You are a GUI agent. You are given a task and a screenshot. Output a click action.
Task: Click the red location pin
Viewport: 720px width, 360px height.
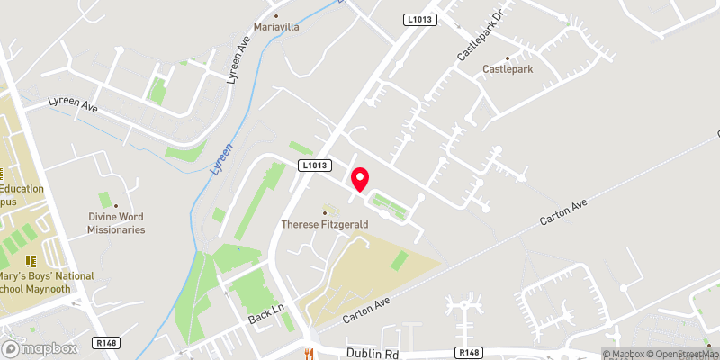click(359, 179)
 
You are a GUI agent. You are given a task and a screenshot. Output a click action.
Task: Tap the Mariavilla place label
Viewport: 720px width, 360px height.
click(276, 27)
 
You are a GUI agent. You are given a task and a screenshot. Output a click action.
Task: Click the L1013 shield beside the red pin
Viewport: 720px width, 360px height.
click(313, 165)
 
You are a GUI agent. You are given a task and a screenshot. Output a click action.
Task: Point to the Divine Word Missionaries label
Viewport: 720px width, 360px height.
click(116, 223)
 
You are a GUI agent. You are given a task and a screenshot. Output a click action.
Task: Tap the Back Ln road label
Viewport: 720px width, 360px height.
click(266, 313)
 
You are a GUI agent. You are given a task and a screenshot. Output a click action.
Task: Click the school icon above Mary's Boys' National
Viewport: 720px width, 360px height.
click(30, 260)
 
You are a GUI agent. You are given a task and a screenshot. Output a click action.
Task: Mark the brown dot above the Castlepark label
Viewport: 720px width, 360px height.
click(508, 58)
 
